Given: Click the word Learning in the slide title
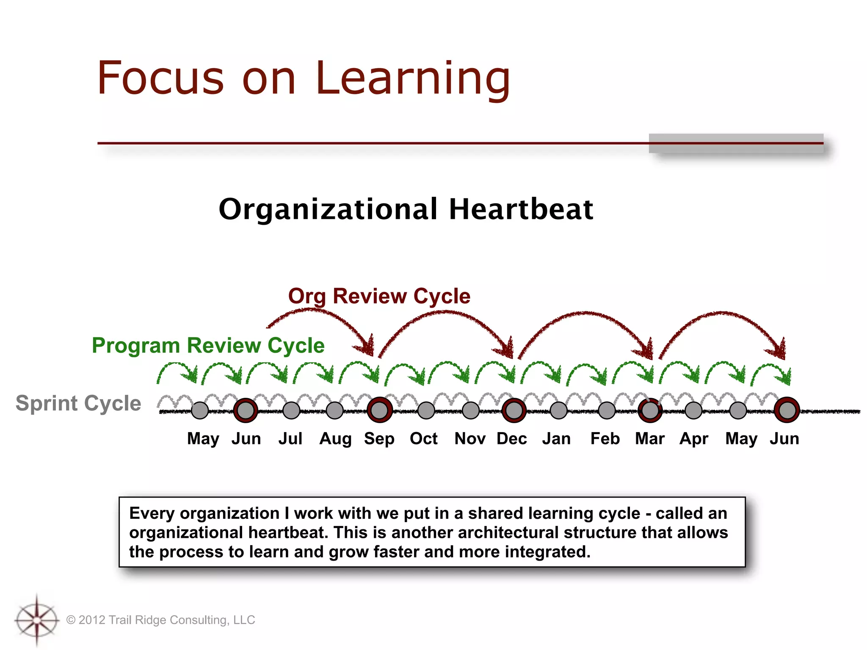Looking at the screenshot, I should coord(413,78).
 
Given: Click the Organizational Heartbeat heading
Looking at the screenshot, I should coord(406,209).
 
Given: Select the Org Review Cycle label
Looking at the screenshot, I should coord(379,296).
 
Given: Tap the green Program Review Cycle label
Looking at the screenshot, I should coord(208,345).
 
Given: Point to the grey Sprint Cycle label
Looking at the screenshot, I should coord(78,403).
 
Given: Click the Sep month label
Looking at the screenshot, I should coord(379,438).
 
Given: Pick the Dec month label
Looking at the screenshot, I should coord(511,438).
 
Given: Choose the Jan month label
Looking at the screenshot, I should coord(556,438).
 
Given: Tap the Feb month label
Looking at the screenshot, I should coord(605,438).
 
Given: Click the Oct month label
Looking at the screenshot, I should coord(423,438).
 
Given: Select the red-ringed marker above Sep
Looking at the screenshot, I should coord(380,410).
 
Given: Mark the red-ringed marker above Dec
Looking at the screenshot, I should coord(514,410).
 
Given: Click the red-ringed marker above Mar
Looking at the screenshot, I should coord(650,410).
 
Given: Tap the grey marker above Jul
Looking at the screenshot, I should coord(291,410).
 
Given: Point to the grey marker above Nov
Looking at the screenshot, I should coord(470,410).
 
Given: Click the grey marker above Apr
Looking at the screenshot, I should coord(693,410).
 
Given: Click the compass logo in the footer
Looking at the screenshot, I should coord(37,620).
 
